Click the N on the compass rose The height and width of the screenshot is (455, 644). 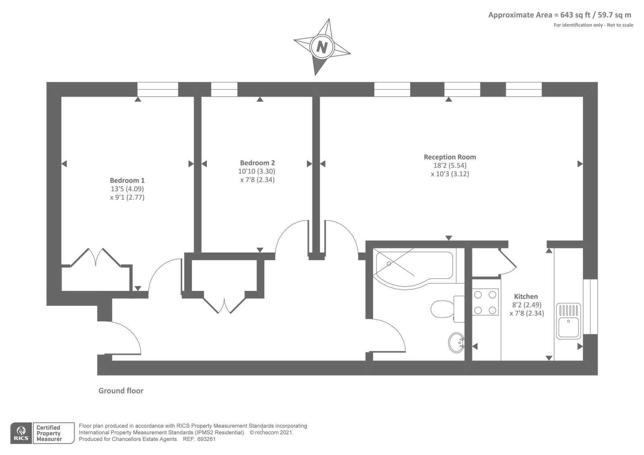tap(322, 47)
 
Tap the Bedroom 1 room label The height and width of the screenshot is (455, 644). tap(127, 180)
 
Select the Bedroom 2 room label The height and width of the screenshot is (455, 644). tap(257, 163)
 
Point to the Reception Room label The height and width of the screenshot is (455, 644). tap(450, 157)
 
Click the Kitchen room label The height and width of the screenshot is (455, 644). tap(526, 296)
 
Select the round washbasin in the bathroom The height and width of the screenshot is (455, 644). tap(456, 342)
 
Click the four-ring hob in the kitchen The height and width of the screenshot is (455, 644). tap(485, 302)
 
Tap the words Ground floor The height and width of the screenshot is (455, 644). tap(121, 391)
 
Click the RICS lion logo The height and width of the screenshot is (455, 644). tap(21, 432)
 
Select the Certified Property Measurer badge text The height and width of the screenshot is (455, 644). tap(49, 433)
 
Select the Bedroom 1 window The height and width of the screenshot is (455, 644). tap(158, 89)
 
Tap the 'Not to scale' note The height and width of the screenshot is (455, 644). tap(620, 25)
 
